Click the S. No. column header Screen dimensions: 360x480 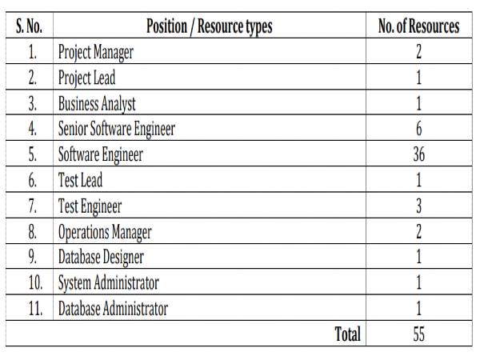click(x=30, y=26)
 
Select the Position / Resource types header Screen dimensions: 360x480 click(x=210, y=26)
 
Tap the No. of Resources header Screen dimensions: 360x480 click(x=418, y=26)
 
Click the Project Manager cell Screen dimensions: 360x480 click(x=95, y=53)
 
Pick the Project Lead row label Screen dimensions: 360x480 click(x=86, y=78)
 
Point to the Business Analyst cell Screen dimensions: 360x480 click(x=97, y=103)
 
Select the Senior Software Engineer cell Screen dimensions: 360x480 click(x=116, y=129)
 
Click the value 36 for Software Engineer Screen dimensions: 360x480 click(x=418, y=154)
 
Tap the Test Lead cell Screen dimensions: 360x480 click(x=80, y=180)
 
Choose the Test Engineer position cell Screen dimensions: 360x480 click(x=90, y=206)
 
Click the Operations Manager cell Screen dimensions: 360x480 click(x=104, y=232)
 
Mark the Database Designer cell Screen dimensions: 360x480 click(x=101, y=258)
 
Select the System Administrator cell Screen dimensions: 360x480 click(x=108, y=283)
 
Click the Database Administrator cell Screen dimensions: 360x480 click(x=113, y=309)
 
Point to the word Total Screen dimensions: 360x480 click(x=347, y=334)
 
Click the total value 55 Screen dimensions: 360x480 click(x=418, y=334)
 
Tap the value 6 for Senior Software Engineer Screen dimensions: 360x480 click(x=418, y=129)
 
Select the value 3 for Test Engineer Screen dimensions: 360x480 click(x=418, y=206)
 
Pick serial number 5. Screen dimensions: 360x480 click(x=33, y=154)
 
